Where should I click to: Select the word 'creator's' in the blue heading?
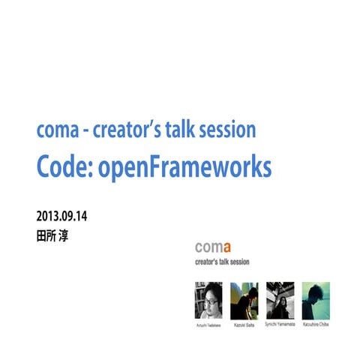[x=124, y=130]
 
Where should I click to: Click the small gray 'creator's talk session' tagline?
[x=221, y=262]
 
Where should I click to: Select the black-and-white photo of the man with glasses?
[x=208, y=301]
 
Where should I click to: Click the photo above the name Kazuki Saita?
[x=244, y=301]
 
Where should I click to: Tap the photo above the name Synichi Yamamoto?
[x=280, y=301]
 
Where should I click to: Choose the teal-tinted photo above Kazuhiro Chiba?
[x=316, y=301]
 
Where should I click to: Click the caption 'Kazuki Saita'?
[x=244, y=325]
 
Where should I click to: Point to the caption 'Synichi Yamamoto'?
[x=280, y=325]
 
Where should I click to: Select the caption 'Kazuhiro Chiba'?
[x=316, y=325]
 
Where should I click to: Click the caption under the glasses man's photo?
[x=208, y=325]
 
